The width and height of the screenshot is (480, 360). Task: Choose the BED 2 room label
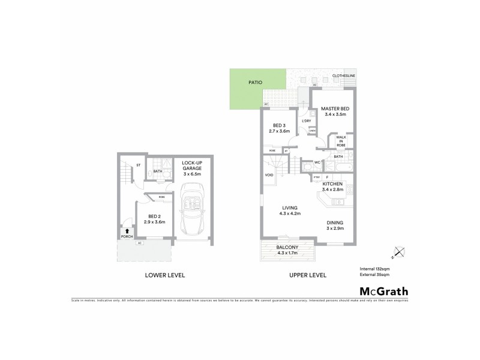[x=155, y=219]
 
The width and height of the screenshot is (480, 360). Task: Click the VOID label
[x=269, y=175]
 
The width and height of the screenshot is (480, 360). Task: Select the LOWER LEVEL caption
[x=165, y=275]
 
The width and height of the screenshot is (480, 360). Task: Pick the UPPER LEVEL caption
[x=307, y=275]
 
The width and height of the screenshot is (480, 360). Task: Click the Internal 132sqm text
[x=374, y=269]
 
